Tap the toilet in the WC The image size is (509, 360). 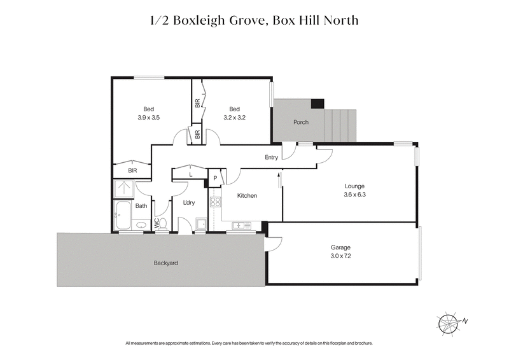(162, 223)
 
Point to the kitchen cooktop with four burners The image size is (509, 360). (215, 204)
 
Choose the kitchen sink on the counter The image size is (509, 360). (241, 225)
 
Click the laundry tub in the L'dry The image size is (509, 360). (200, 223)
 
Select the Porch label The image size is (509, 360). (300, 122)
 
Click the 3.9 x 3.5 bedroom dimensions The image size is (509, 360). (148, 118)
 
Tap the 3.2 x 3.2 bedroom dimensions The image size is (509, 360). (234, 118)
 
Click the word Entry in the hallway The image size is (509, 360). (272, 158)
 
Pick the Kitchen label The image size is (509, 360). (247, 196)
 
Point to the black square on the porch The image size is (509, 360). (317, 104)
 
